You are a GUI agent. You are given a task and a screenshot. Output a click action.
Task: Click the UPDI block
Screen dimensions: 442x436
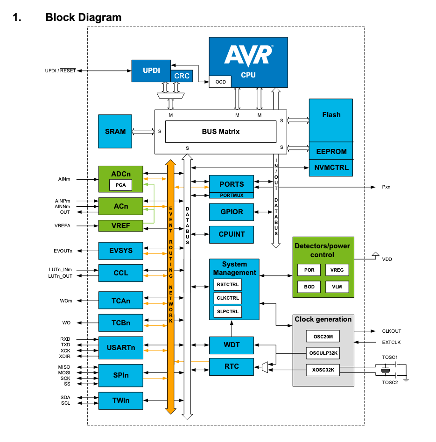point(151,70)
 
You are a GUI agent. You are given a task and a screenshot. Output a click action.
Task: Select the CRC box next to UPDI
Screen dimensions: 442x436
point(182,76)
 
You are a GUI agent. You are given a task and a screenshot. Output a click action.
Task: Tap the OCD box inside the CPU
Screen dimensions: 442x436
point(220,82)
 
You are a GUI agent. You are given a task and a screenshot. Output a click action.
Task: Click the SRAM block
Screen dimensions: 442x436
point(115,132)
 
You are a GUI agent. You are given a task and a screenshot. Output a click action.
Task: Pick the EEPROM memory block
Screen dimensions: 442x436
point(331,152)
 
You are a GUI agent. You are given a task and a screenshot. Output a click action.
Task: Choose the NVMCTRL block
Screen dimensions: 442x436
point(331,168)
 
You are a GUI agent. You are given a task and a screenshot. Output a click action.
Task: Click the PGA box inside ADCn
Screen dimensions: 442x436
point(120,185)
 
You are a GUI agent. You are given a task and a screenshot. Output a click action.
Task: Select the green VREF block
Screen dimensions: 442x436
point(120,226)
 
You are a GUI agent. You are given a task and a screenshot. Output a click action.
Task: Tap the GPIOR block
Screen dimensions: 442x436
point(232,212)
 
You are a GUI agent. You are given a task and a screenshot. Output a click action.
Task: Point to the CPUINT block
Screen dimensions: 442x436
point(232,234)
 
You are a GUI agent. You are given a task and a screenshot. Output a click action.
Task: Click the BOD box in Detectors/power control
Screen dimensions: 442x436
point(309,287)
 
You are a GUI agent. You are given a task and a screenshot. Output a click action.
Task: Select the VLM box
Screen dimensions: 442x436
point(337,287)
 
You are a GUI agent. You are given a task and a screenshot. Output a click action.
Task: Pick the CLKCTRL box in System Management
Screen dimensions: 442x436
point(228,298)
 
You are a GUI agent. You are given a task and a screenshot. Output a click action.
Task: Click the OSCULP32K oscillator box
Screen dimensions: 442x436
point(323,353)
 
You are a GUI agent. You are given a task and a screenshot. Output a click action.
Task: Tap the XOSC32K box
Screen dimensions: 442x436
point(323,370)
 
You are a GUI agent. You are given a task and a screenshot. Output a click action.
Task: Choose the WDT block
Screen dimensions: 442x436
point(232,345)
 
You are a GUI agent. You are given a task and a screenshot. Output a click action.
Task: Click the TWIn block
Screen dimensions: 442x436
point(120,400)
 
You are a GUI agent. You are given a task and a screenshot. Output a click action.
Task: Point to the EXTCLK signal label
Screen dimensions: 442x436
point(391,343)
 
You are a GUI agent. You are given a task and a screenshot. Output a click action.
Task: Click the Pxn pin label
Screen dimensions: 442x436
point(386,187)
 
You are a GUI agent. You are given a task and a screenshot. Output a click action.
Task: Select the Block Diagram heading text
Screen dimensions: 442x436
point(83,18)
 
